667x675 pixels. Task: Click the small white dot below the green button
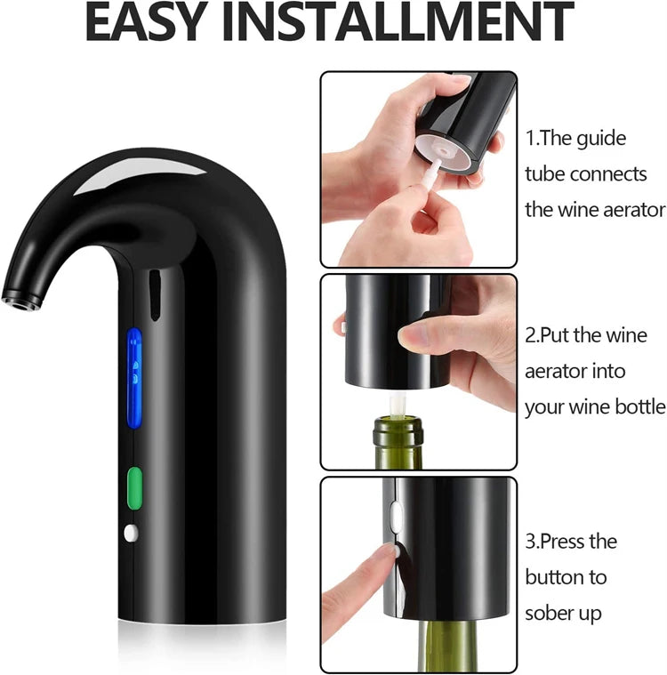pyautogui.click(x=132, y=533)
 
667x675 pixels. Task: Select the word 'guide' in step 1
pyautogui.click(x=602, y=139)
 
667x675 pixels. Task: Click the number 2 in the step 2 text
pyautogui.click(x=531, y=336)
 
